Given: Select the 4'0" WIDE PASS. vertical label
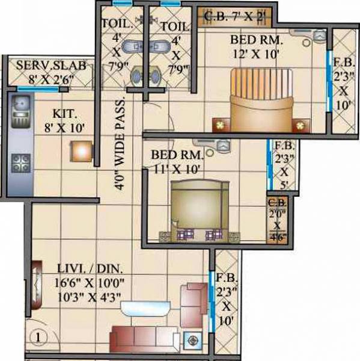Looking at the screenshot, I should coord(120,144).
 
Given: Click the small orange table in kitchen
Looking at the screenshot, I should coord(81,151).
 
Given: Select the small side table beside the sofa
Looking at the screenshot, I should coord(193,339).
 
